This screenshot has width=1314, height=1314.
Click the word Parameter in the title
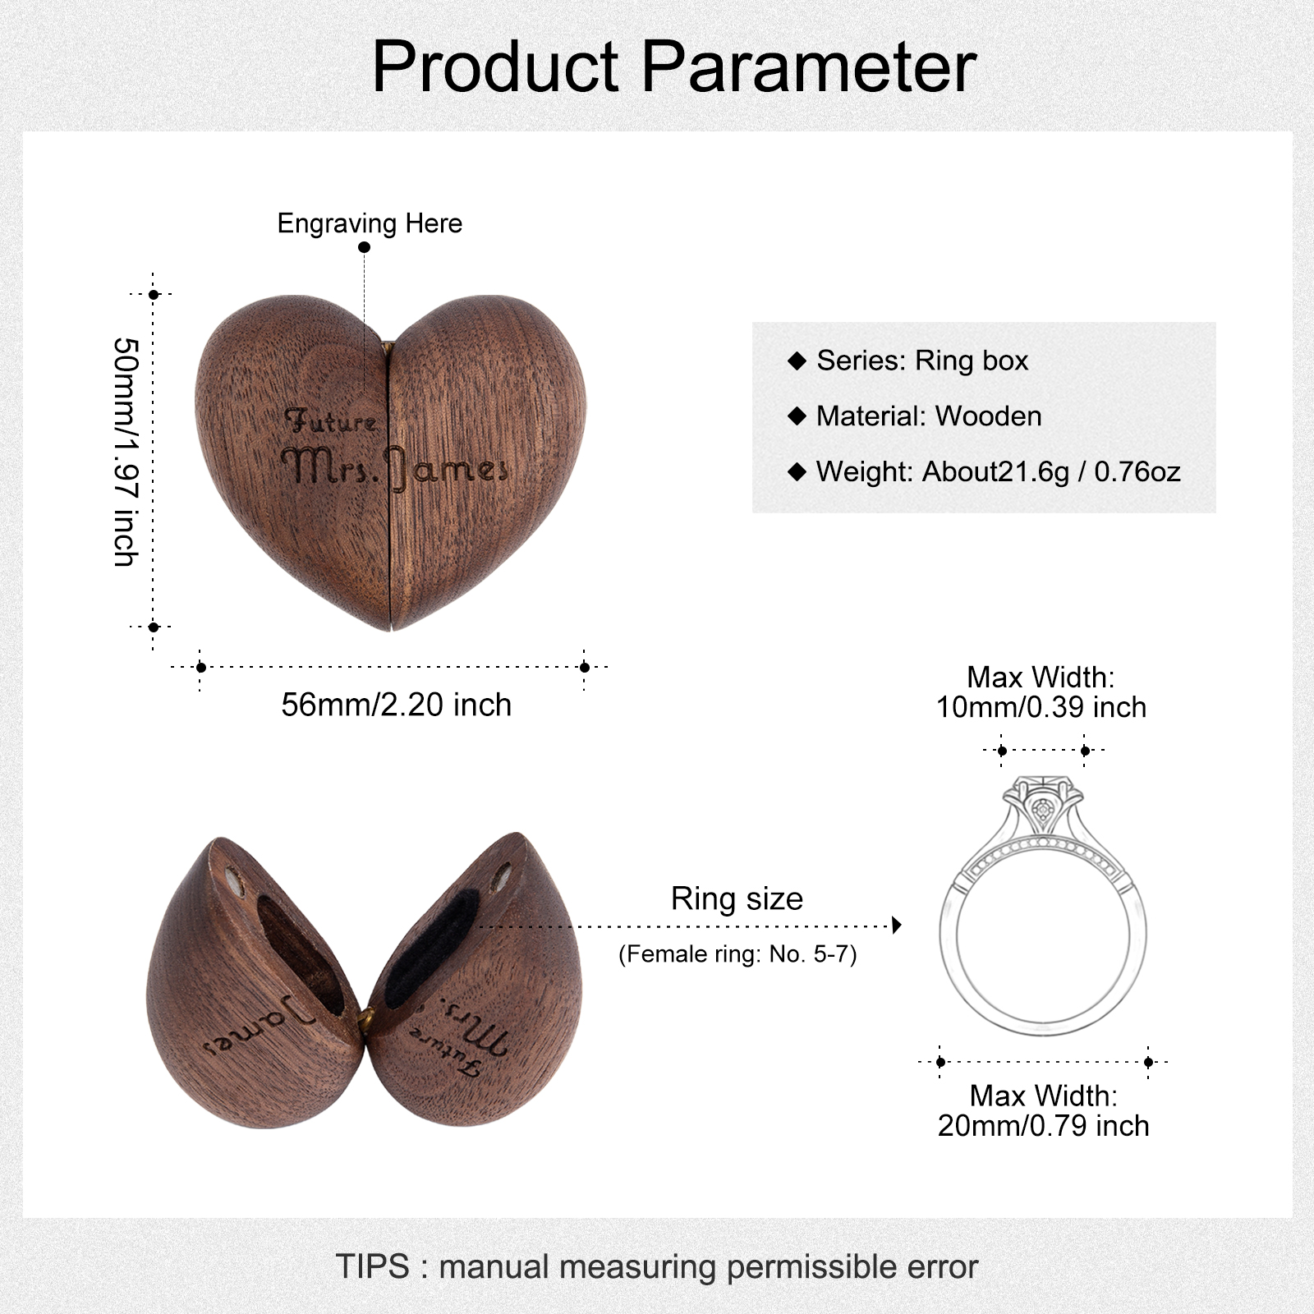pos(809,67)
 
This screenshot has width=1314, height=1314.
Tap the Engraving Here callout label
pos(370,223)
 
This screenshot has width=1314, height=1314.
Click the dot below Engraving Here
pos(365,247)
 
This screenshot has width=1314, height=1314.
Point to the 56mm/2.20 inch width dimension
pos(396,705)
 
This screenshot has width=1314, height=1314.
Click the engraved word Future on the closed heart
pos(330,420)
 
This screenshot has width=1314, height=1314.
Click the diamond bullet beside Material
pos(797,416)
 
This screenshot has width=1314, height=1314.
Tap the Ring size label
pos(737,898)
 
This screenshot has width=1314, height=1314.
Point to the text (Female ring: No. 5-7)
pos(737,953)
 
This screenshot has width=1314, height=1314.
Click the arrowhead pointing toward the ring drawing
pos(897,926)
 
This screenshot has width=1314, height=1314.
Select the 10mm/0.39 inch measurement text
pos(1041,707)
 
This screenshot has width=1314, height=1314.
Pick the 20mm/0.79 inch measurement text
pos(1043,1126)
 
